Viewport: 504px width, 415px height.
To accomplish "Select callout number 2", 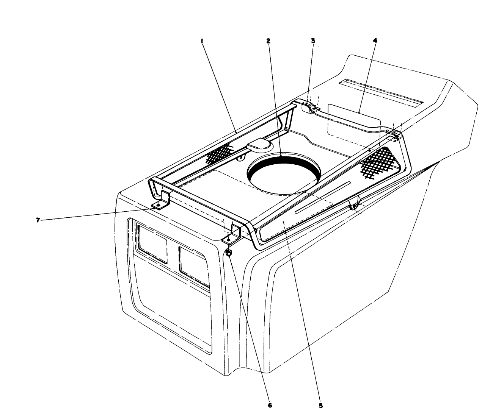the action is click(x=268, y=41).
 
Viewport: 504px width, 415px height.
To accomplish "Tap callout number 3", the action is click(x=313, y=41).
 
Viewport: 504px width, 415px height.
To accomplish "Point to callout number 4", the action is click(x=375, y=41).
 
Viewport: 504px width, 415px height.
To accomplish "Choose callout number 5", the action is click(x=321, y=406).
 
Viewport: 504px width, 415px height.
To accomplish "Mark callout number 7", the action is click(x=38, y=220).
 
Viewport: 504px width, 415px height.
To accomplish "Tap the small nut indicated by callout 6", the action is click(x=229, y=253).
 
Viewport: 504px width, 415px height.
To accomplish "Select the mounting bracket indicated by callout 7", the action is click(x=161, y=201).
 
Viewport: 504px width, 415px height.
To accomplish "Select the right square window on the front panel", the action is click(x=193, y=265).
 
